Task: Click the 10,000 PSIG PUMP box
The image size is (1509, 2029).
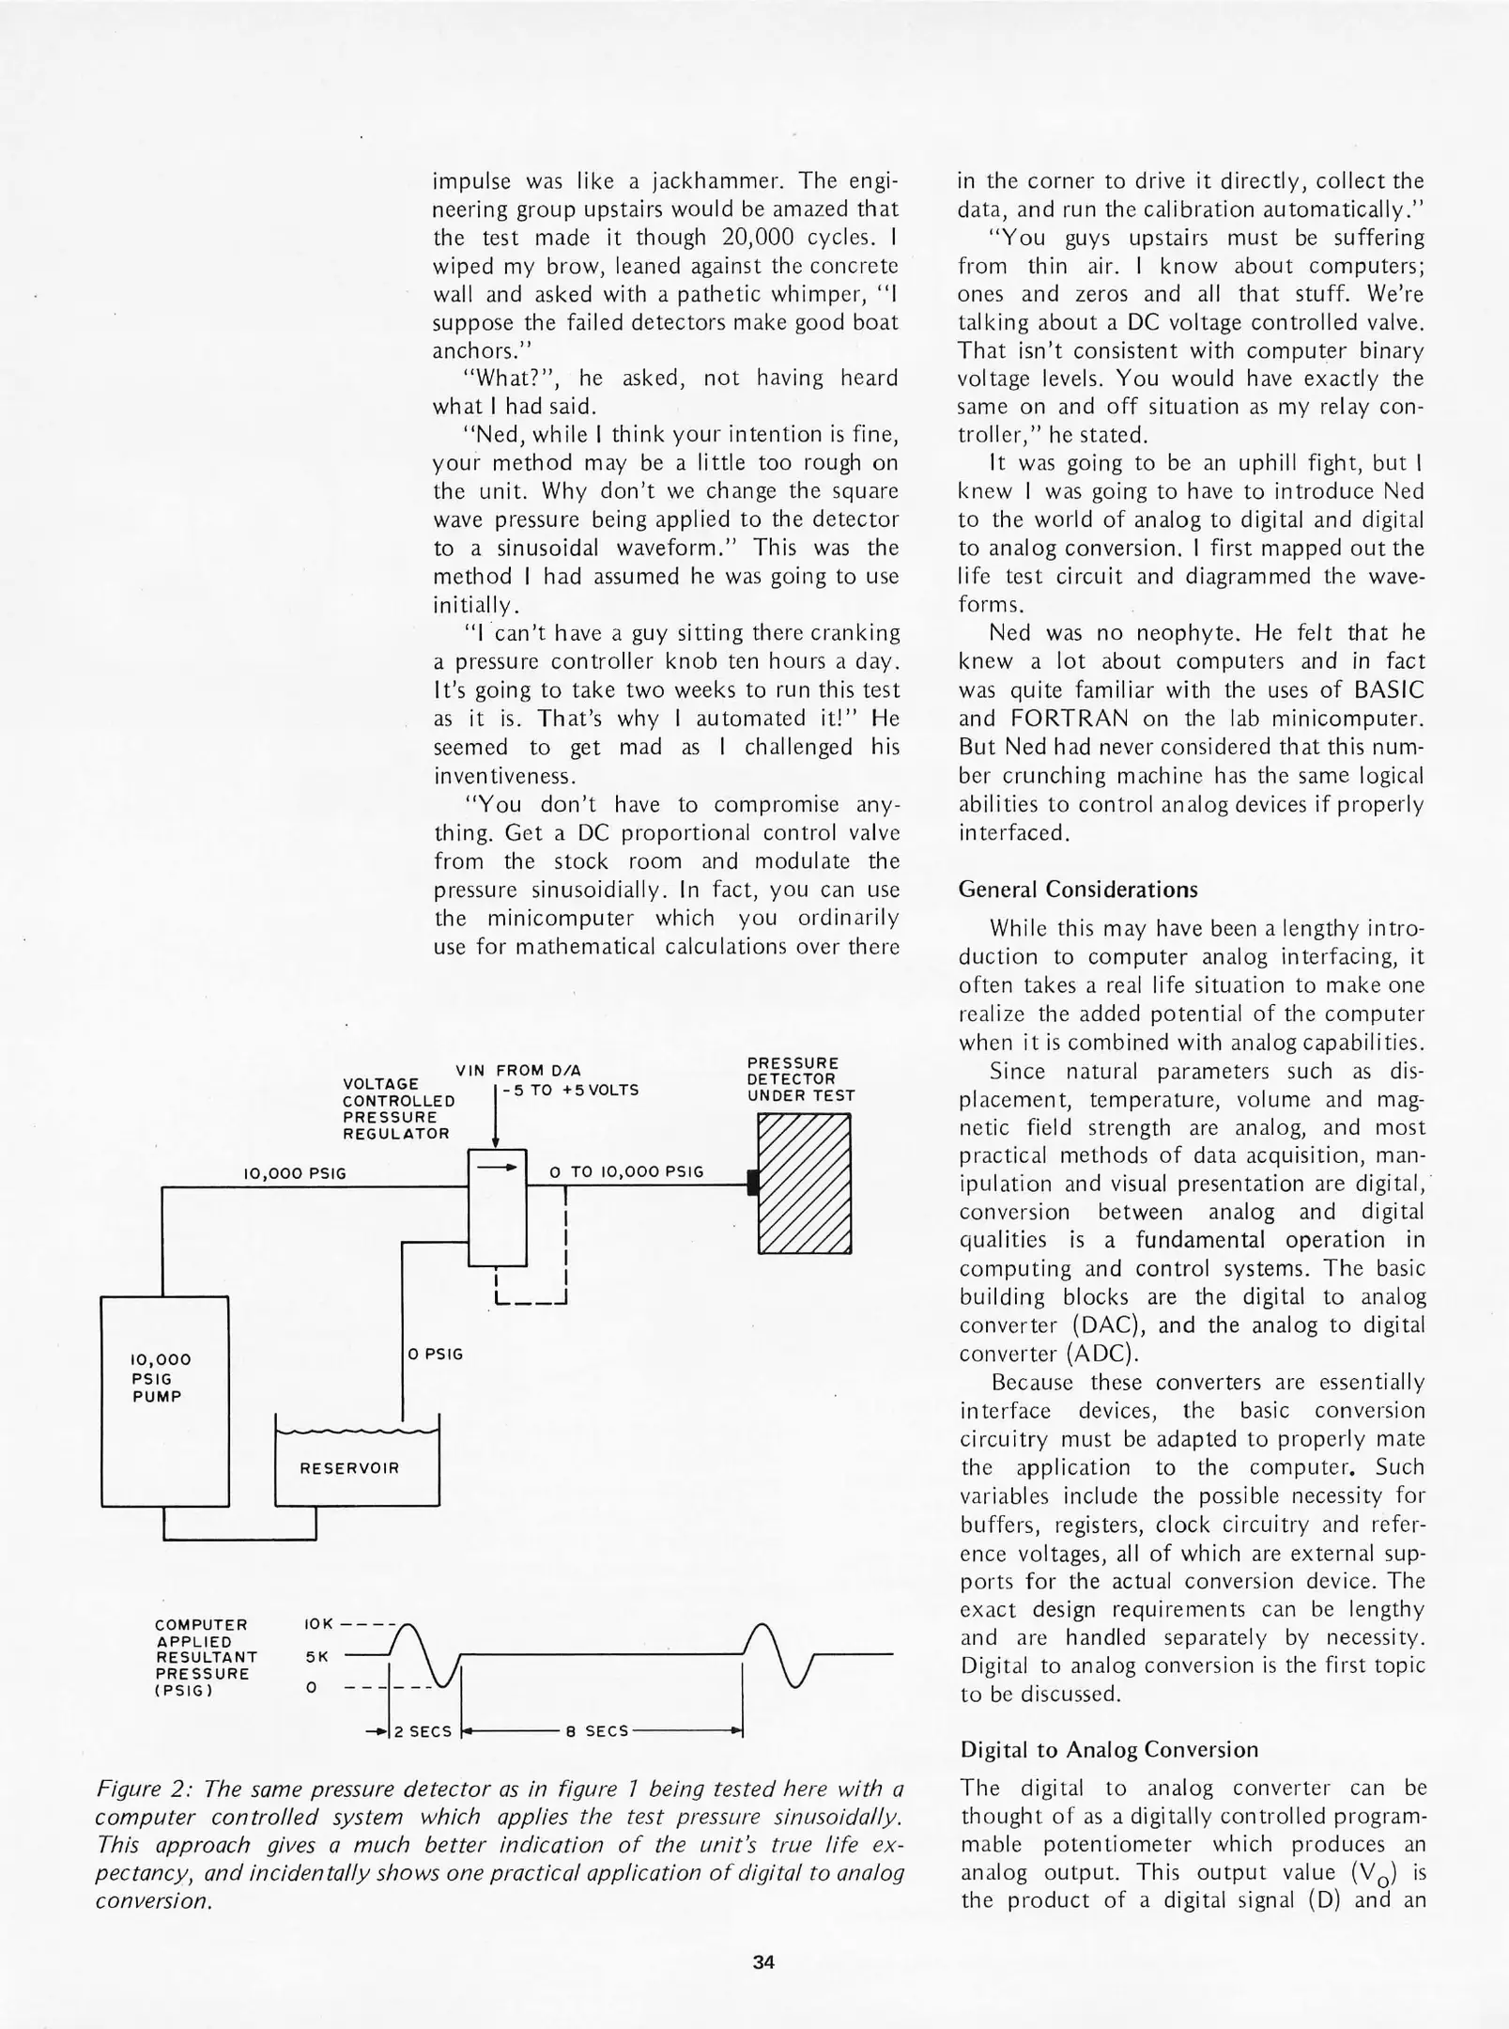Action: pyautogui.click(x=164, y=1401)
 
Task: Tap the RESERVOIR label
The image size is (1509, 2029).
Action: pyautogui.click(x=348, y=1468)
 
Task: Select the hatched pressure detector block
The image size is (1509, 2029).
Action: pyautogui.click(x=805, y=1183)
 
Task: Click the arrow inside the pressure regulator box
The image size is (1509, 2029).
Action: pyautogui.click(x=497, y=1169)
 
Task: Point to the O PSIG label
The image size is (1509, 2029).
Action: pyautogui.click(x=436, y=1354)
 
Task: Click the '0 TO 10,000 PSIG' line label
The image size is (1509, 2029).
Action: pyautogui.click(x=626, y=1171)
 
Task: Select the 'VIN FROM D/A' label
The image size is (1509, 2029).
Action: pyautogui.click(x=518, y=1070)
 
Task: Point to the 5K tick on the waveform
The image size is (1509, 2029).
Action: pyautogui.click(x=316, y=1657)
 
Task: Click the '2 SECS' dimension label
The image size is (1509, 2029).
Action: pyautogui.click(x=423, y=1731)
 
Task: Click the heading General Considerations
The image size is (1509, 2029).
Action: pyautogui.click(x=1078, y=890)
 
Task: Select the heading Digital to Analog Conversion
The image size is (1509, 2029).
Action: pyautogui.click(x=1109, y=1750)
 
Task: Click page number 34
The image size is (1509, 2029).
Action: pyautogui.click(x=763, y=1961)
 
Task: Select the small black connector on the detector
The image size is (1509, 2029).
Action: pyautogui.click(x=752, y=1183)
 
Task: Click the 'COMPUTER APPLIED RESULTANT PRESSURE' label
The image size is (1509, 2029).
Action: pyautogui.click(x=205, y=1657)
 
